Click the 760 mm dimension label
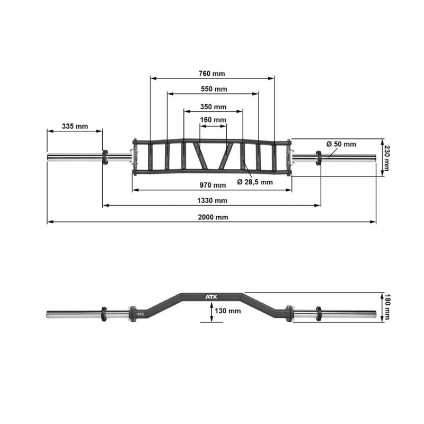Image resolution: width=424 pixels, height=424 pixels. [x=211, y=74]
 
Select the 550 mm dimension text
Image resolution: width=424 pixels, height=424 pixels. [x=214, y=89]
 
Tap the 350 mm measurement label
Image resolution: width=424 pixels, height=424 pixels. [x=213, y=107]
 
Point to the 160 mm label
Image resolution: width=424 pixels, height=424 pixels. [x=213, y=120]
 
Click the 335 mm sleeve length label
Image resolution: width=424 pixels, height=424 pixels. [x=75, y=126]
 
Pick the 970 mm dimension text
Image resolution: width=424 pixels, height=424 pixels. [x=213, y=185]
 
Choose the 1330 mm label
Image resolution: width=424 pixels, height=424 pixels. [x=212, y=201]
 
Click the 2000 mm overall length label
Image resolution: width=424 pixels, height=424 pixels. [x=213, y=217]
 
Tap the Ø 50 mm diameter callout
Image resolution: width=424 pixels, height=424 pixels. [x=341, y=144]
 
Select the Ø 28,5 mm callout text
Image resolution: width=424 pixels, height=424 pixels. [x=255, y=182]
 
